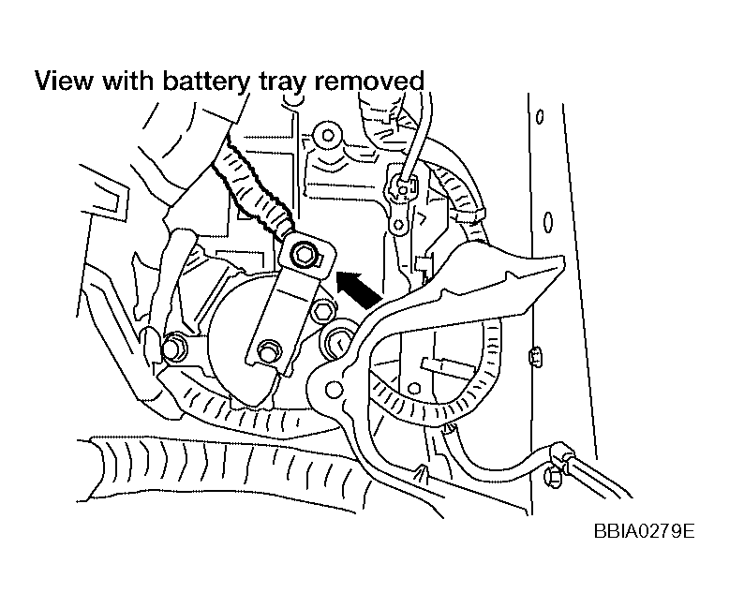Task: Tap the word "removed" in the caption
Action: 369,81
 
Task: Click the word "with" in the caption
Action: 127,81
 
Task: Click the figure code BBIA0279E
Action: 644,530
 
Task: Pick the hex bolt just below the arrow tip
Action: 321,311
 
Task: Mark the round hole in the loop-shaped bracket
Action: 334,388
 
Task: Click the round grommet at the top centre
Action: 328,136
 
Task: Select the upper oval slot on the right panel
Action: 540,116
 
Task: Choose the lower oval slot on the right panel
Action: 548,223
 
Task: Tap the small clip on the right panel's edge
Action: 535,356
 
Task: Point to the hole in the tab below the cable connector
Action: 398,226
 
